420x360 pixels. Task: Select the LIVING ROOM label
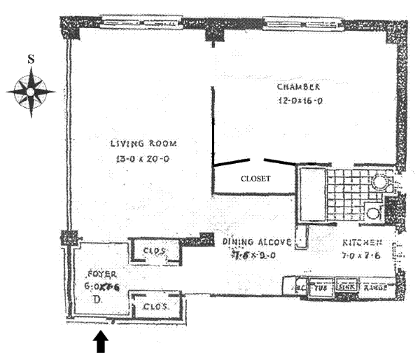(143, 144)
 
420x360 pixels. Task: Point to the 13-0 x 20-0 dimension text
(143, 160)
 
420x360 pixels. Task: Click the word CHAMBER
(298, 88)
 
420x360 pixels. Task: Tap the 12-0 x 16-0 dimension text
(298, 101)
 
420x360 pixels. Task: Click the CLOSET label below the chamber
(255, 179)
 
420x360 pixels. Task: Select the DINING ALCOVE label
(256, 242)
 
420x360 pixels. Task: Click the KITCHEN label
(362, 243)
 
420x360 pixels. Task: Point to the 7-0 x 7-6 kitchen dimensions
(362, 256)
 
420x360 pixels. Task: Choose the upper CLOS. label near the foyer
(153, 250)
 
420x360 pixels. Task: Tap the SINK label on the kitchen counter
(346, 286)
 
